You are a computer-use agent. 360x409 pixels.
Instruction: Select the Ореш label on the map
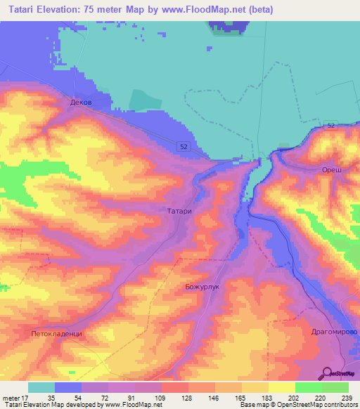click(331, 171)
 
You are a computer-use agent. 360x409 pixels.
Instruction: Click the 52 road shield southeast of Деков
click(184, 145)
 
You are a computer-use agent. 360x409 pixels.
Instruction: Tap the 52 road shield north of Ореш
click(330, 124)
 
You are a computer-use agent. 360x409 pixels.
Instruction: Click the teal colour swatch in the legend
click(41, 387)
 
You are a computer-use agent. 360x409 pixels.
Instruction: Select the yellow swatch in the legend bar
click(281, 387)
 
